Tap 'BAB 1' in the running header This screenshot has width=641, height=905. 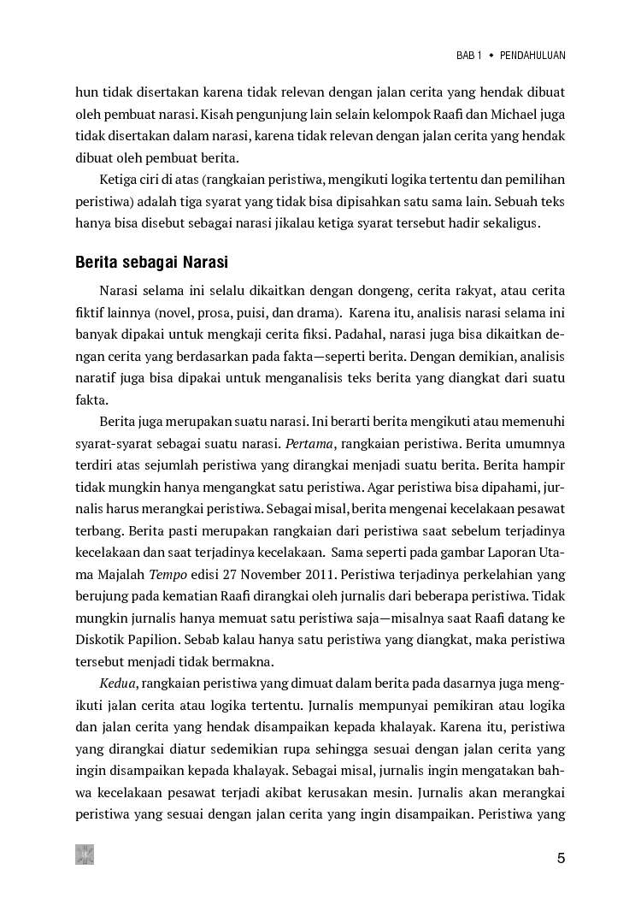pos(469,56)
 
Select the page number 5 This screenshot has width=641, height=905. pos(561,859)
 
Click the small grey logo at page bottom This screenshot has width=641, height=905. pos(85,855)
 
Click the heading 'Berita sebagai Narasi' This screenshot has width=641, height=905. pos(150,262)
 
